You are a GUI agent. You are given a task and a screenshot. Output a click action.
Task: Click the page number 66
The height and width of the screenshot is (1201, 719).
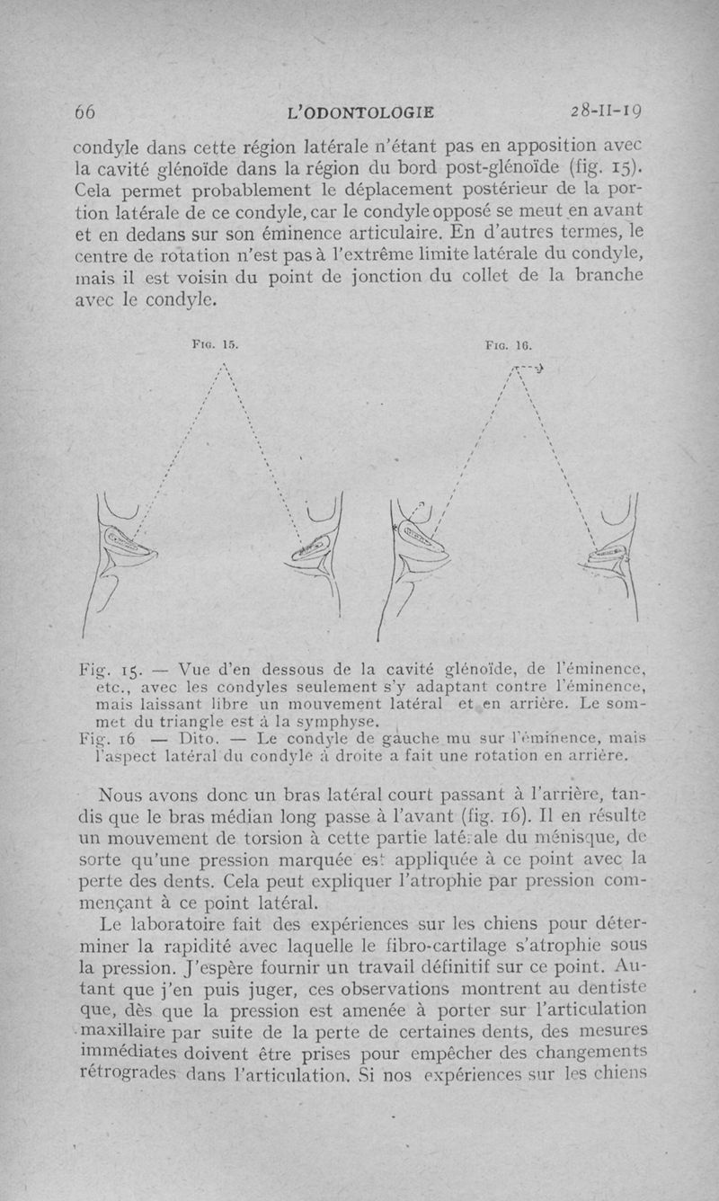pyautogui.click(x=84, y=112)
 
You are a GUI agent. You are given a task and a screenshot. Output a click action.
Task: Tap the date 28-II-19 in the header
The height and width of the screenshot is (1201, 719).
pyautogui.click(x=610, y=112)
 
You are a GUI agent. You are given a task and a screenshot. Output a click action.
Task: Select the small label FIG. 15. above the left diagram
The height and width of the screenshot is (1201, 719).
pyautogui.click(x=217, y=343)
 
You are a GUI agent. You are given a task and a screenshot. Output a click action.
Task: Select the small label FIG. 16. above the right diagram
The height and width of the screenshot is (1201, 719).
pyautogui.click(x=508, y=343)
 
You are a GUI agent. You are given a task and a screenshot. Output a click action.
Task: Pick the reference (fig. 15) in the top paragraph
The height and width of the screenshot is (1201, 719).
pyautogui.click(x=587, y=166)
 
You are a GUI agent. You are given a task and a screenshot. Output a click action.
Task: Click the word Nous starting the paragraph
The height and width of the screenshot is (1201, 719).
pyautogui.click(x=124, y=796)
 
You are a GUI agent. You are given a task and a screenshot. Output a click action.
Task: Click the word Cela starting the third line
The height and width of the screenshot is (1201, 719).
pyautogui.click(x=95, y=192)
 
